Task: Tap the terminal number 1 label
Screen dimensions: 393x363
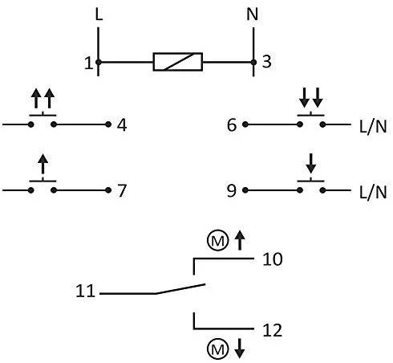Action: [88, 63]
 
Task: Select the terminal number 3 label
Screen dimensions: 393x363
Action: [267, 62]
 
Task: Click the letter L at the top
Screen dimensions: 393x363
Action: [99, 14]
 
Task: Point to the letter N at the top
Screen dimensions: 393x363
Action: [253, 14]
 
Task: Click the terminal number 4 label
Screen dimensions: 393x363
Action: [122, 125]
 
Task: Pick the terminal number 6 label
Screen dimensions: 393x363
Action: [232, 124]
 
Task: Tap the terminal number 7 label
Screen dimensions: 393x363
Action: [122, 190]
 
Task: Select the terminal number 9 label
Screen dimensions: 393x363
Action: [232, 190]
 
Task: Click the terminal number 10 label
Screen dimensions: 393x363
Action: [273, 259]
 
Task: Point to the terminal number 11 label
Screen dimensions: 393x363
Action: [86, 291]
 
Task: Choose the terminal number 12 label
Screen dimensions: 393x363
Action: [273, 330]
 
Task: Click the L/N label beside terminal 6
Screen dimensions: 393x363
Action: [373, 126]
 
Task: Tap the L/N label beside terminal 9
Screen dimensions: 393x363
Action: [373, 192]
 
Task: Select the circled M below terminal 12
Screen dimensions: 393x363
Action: [218, 349]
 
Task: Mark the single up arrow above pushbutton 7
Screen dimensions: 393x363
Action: [43, 164]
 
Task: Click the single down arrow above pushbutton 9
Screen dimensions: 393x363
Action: [310, 163]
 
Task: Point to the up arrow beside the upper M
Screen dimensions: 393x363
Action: [240, 240]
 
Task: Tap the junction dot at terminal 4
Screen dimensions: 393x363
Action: [108, 124]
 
